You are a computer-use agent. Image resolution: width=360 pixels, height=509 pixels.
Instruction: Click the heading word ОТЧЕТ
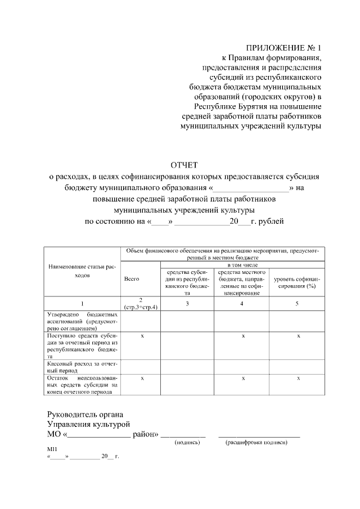[184, 165]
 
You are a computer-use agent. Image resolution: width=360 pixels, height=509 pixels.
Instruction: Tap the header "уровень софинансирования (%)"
[296, 282]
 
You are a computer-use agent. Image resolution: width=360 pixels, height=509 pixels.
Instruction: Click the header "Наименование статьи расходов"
[82, 272]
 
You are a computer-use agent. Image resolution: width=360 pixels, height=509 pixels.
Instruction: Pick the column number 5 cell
[296, 304]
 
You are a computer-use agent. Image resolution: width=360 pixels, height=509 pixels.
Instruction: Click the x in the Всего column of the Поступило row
[142, 336]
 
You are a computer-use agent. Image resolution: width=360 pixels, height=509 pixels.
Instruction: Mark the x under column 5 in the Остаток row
[299, 379]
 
